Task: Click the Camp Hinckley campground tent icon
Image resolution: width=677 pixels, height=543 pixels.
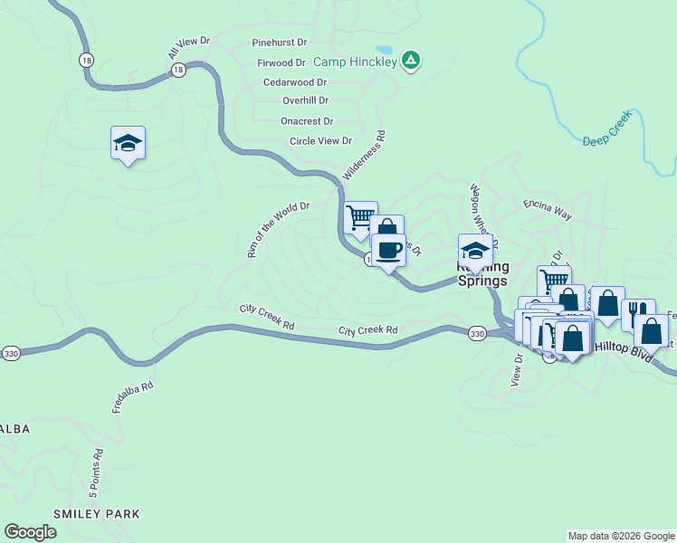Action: click(x=411, y=61)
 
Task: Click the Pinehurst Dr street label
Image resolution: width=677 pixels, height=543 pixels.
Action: click(x=280, y=43)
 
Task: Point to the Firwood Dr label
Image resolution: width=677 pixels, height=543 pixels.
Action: click(x=281, y=63)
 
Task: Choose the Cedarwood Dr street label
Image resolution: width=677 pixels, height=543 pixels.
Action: click(x=295, y=82)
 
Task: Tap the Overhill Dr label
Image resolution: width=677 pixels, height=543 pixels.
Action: click(x=305, y=101)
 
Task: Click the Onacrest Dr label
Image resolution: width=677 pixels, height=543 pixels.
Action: click(x=307, y=121)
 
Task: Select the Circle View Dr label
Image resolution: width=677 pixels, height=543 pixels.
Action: click(x=320, y=141)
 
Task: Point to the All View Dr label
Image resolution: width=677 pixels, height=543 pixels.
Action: click(x=188, y=49)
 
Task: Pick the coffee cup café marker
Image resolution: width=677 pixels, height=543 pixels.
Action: click(x=388, y=252)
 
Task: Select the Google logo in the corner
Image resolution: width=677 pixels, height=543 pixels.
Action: click(x=31, y=531)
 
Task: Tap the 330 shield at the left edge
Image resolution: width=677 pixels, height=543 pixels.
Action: click(x=10, y=351)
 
